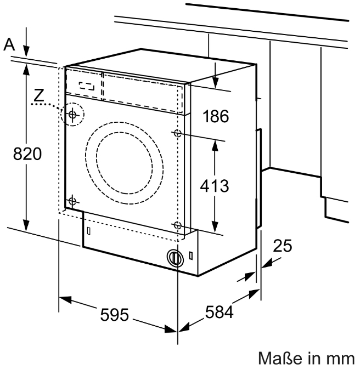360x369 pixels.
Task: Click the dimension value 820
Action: pos(27,154)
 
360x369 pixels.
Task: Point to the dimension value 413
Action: pos(213,185)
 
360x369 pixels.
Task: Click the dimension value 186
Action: pos(215,116)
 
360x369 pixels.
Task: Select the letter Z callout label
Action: pos(38,95)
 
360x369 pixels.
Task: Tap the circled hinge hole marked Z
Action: pos(72,115)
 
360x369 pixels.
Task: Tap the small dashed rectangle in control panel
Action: pos(87,86)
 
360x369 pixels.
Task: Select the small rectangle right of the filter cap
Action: pos(190,256)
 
